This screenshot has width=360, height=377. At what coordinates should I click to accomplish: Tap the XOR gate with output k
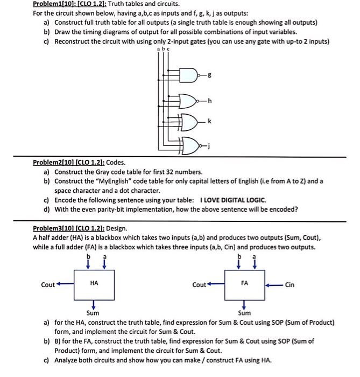188,122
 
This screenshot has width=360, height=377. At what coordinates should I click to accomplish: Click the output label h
209,100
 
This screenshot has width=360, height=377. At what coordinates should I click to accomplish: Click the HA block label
94,282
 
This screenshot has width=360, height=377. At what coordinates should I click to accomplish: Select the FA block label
245,282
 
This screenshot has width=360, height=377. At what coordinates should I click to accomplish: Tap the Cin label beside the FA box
290,285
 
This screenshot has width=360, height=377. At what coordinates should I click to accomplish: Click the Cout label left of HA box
48,285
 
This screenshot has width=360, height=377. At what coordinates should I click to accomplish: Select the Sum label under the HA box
93,313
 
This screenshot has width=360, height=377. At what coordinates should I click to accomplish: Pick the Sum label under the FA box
244,313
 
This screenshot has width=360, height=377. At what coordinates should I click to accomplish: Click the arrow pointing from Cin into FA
273,285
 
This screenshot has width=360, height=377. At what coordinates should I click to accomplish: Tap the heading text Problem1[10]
55,4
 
